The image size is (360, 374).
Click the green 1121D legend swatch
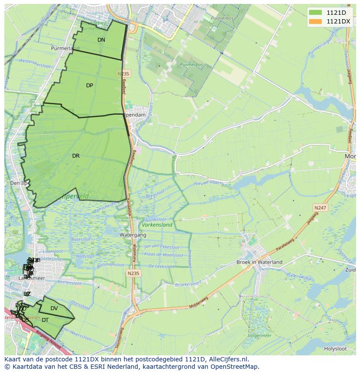tap(316, 13)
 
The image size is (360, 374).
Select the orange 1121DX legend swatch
tap(316, 21)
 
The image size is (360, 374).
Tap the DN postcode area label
tap(101, 40)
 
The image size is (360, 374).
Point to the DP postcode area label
tap(90, 86)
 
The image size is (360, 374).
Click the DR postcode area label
tap(76, 156)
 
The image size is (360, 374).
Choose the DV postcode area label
tap(54, 308)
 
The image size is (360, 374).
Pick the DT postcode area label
tap(45, 320)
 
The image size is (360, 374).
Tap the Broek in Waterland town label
tap(259, 262)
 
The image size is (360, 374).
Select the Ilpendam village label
tap(134, 115)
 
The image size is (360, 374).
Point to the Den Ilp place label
tap(18, 183)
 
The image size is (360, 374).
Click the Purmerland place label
tap(65, 48)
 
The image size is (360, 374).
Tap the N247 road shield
tap(321, 209)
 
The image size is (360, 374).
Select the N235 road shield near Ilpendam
tap(123, 74)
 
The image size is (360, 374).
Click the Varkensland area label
tap(157, 225)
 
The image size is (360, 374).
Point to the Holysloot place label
tap(335, 348)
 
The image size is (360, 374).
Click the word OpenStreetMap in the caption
tap(235, 367)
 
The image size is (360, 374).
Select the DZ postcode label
tap(27, 294)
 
